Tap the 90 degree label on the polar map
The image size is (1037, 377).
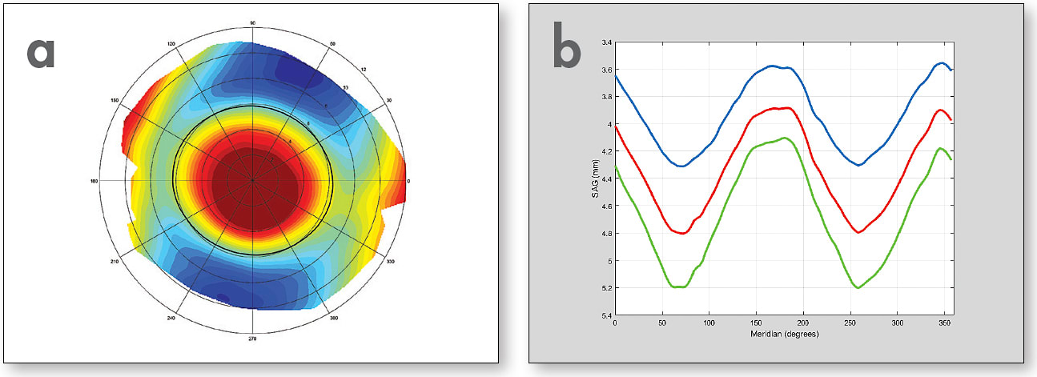coord(252,23)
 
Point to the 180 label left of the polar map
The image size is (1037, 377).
coord(94,182)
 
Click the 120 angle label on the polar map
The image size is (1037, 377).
coord(171,44)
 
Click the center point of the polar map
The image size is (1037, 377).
coord(252,181)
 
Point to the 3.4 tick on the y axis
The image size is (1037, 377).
coord(606,42)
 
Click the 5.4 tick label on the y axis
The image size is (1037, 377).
coord(606,315)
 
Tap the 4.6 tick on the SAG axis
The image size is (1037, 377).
coord(606,207)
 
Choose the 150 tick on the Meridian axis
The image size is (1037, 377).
coord(756,323)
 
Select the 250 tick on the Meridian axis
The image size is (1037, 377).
coord(850,323)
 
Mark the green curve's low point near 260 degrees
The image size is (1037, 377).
coord(858,287)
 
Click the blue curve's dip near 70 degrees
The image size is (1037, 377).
coord(681,166)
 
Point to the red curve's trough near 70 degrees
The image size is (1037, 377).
coord(681,233)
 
